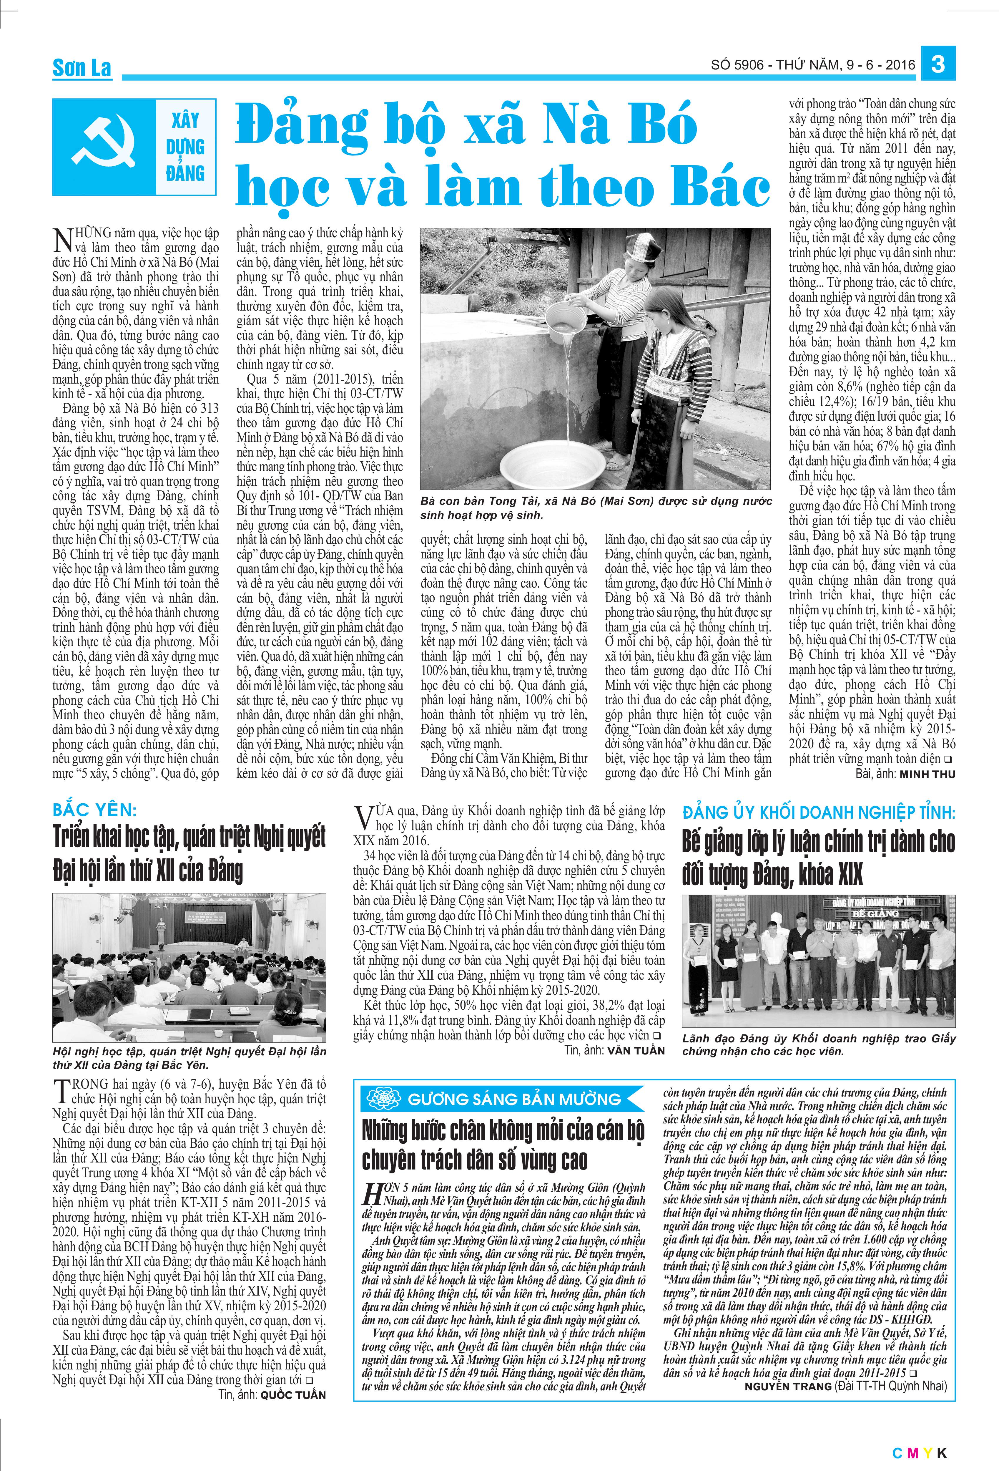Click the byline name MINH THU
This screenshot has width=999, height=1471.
coord(927,774)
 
